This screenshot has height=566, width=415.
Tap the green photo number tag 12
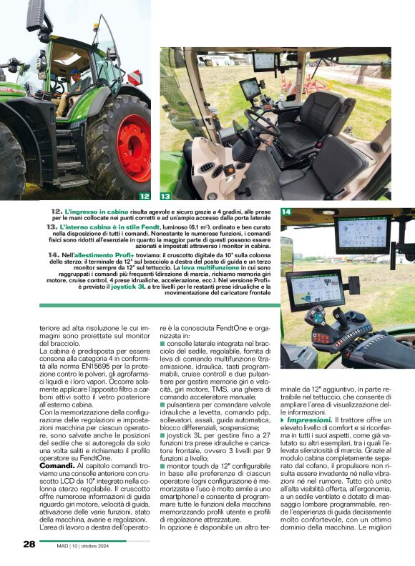[x=144, y=195]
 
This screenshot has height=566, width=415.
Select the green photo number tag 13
[x=165, y=195]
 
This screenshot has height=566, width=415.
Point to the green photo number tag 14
[x=286, y=212]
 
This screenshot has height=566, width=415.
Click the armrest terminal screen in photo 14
[x=315, y=292]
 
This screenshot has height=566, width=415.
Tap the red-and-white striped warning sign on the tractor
[x=135, y=77]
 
